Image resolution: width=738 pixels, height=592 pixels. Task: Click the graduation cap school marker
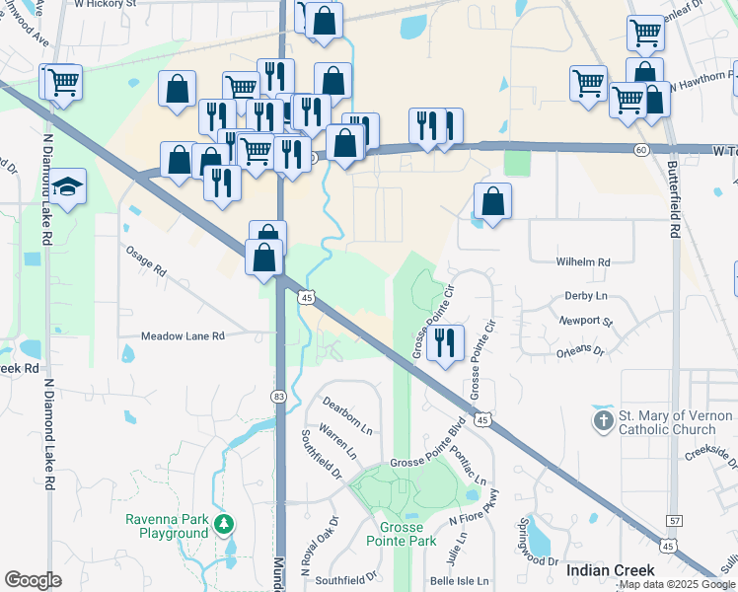(x=68, y=186)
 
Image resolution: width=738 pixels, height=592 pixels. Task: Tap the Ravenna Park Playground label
(x=166, y=527)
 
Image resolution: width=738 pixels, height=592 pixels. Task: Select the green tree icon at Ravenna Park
(x=225, y=522)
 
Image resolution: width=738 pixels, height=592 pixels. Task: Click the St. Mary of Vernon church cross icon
(x=604, y=421)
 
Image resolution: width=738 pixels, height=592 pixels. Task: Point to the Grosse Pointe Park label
(x=401, y=534)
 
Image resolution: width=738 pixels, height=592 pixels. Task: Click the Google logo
(x=33, y=580)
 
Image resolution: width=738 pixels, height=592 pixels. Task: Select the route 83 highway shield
(x=279, y=396)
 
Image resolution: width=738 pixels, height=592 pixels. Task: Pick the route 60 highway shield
(x=641, y=149)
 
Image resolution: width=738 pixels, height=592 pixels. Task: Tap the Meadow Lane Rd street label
(x=184, y=336)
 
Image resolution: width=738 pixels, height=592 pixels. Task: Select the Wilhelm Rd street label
(x=583, y=262)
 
